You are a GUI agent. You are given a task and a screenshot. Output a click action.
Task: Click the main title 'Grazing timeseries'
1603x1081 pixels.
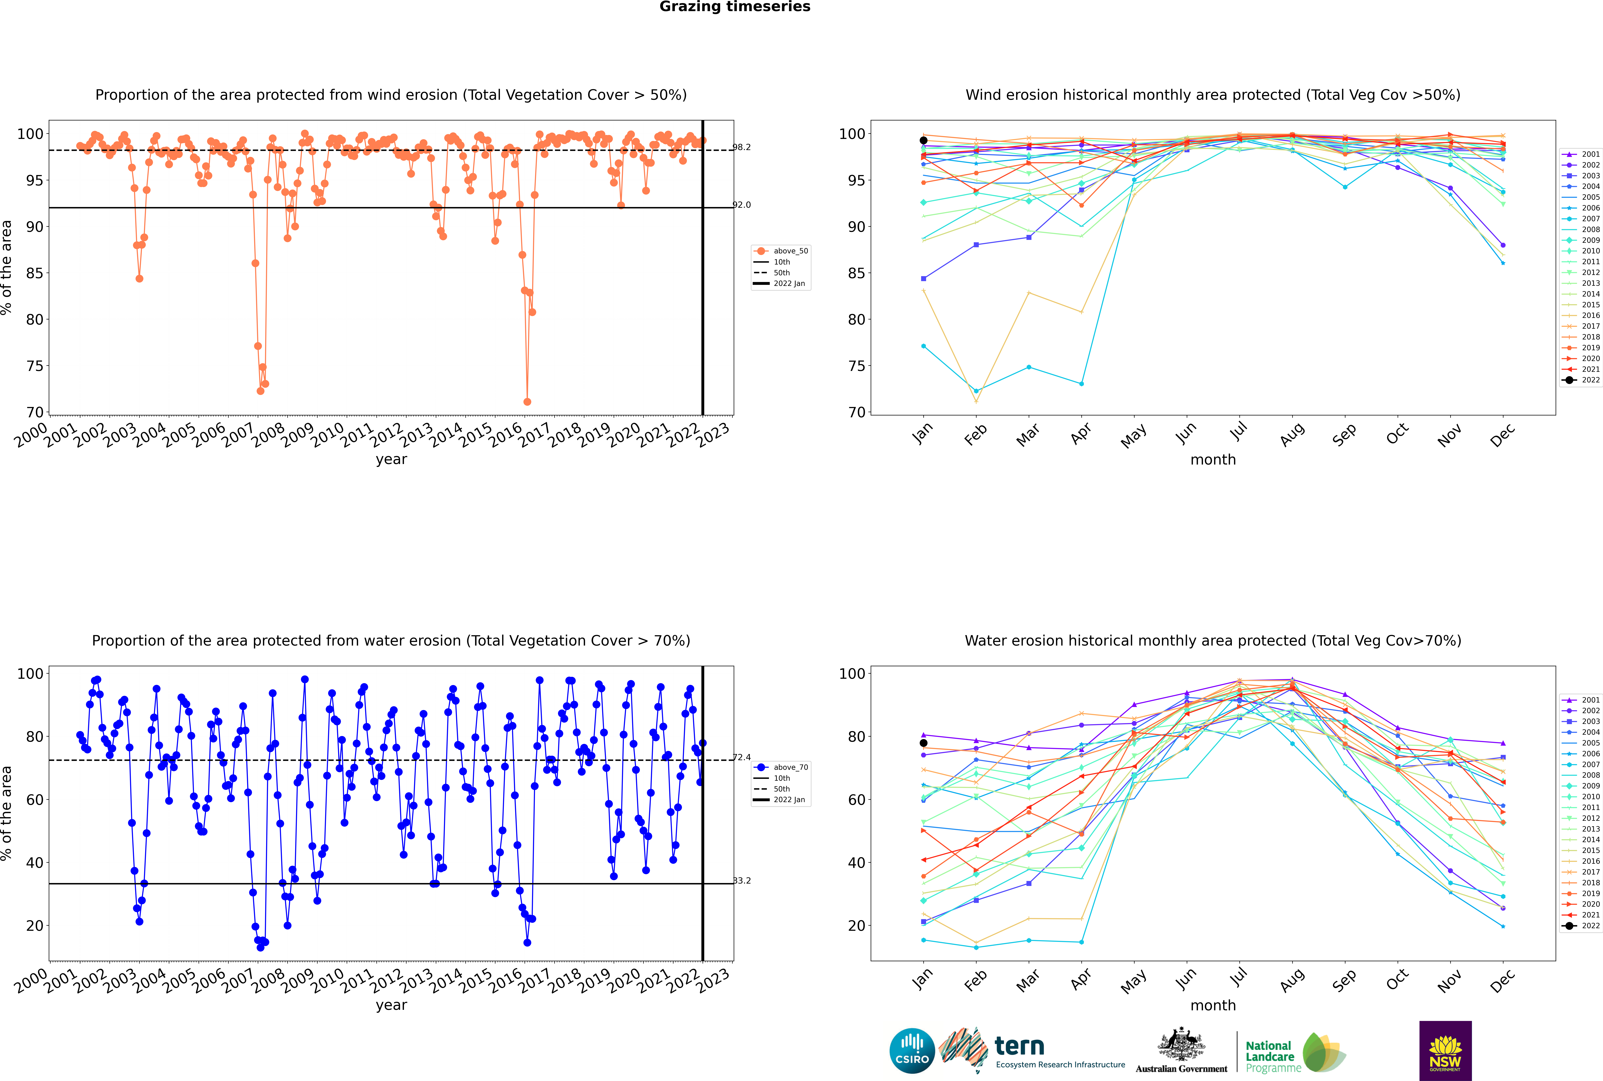coord(735,7)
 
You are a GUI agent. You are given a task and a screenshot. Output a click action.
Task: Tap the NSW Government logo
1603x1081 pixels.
coord(1445,1050)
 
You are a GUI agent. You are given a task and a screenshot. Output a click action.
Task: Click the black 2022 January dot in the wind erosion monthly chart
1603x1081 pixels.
coord(924,141)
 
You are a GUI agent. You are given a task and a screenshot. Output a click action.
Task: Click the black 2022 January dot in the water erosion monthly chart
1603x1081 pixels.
coord(924,743)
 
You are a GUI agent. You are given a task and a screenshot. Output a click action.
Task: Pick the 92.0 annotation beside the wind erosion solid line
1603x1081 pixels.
coord(742,205)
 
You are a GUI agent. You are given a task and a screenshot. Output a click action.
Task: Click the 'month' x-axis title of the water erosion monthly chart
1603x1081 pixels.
coord(1213,1006)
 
